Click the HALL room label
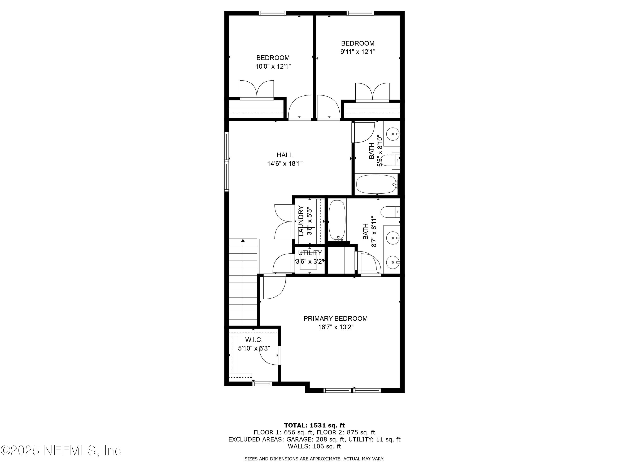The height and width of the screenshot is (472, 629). [x=285, y=155]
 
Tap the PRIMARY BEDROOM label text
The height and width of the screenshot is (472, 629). [x=335, y=318]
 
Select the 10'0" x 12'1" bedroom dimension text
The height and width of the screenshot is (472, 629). [x=273, y=66]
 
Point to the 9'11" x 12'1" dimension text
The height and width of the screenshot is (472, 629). [x=358, y=52]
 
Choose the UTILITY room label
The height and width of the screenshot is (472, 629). [x=310, y=253]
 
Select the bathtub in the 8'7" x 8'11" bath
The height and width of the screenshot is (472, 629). [x=337, y=220]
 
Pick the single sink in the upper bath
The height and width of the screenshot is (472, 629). [x=393, y=133]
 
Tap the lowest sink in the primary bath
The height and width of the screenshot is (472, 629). [x=393, y=261]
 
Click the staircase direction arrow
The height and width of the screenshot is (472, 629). [x=243, y=241]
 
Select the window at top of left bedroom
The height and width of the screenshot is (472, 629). [x=272, y=13]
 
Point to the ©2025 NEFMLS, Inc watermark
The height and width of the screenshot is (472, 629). [x=61, y=450]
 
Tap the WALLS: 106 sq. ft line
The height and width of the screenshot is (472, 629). [x=314, y=446]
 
